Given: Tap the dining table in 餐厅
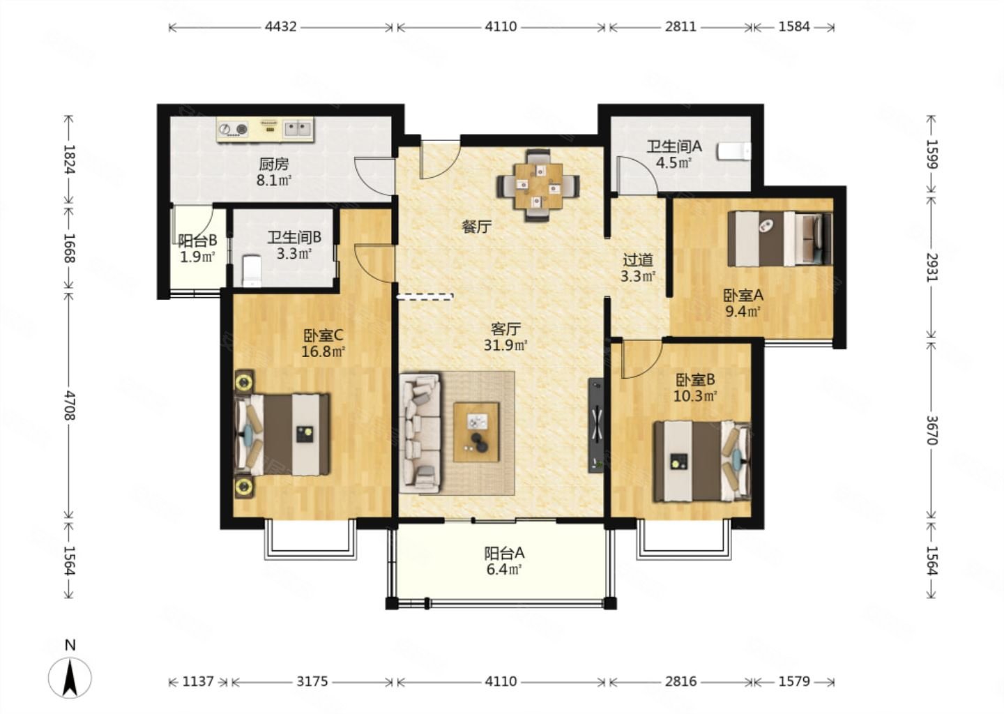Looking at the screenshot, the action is pos(538,186).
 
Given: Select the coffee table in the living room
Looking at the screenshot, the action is pos(476,432).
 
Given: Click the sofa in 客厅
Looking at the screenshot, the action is pos(420,432).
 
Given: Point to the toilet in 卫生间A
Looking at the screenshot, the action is pos(733,151).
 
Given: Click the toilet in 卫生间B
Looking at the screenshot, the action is pos(252,271).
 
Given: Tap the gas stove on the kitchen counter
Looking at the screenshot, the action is pos(233,129).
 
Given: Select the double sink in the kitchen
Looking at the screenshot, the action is pos(297,129).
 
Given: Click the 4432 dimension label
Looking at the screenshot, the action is pos(280,27).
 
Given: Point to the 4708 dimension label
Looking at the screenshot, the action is pos(70,404).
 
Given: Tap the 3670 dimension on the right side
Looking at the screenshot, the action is pos(931,430).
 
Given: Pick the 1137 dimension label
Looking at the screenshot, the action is pos(198,682).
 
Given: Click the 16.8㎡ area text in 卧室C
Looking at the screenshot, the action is pos(323,352).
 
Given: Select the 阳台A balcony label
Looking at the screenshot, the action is pos(504,553).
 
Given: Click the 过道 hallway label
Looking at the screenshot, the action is pos(638,260).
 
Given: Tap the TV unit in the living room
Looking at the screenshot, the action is pos(595,425).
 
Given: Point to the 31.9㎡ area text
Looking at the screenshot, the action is pos(505,346).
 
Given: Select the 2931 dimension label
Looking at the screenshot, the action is pos(931,268).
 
